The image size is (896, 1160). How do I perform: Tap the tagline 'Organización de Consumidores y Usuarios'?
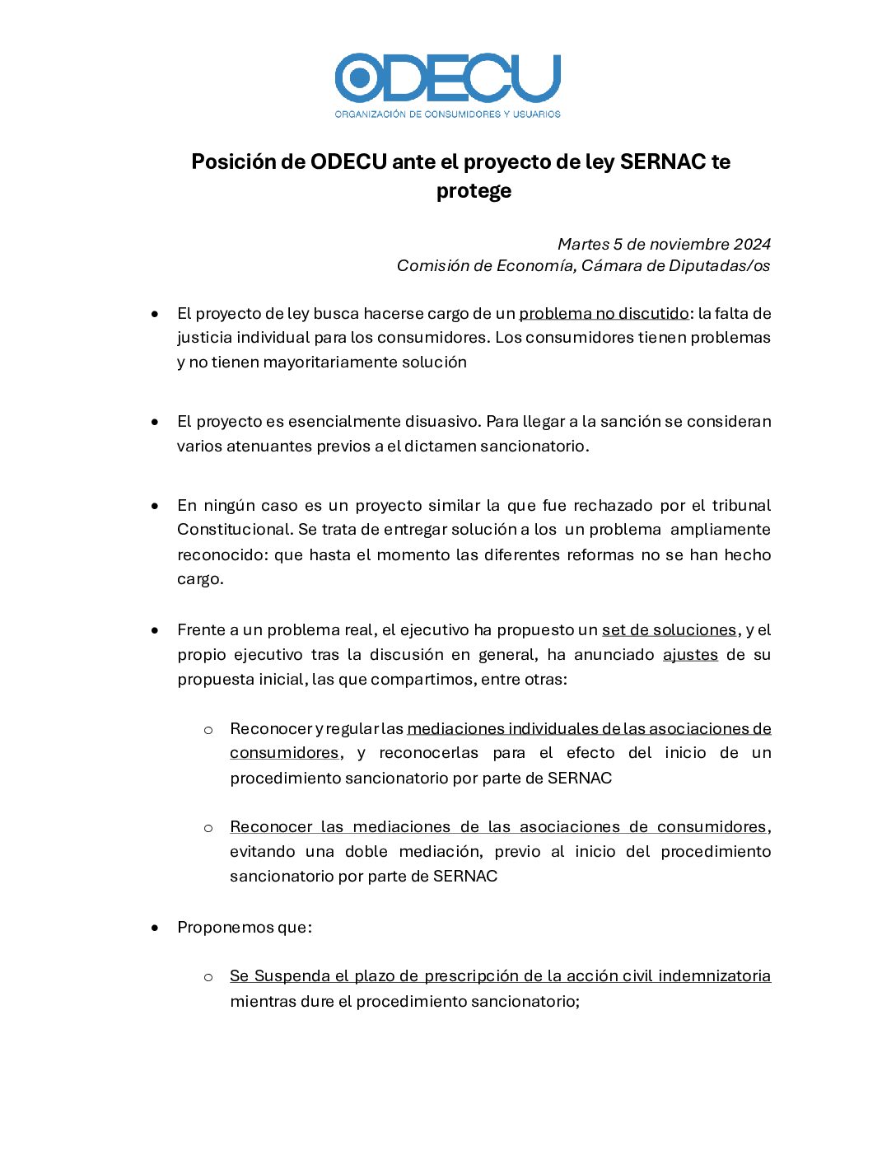(447, 114)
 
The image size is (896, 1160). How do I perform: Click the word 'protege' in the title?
(474, 191)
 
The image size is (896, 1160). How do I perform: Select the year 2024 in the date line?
(752, 244)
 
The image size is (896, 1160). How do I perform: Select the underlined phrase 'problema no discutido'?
(604, 313)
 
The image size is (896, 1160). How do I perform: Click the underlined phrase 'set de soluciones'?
(669, 629)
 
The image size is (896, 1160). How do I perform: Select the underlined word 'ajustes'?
(690, 654)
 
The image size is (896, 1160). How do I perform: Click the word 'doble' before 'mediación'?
(366, 851)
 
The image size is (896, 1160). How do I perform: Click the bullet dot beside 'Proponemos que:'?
(155, 928)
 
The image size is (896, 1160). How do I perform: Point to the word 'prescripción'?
(471, 976)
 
